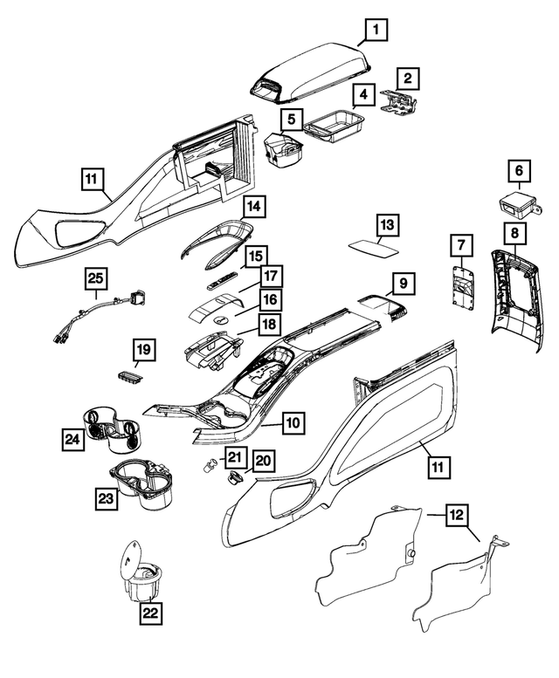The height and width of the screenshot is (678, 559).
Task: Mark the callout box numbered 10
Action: coord(293,422)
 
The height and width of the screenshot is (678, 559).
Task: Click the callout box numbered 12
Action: coord(456,515)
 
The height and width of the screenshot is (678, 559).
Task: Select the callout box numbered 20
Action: coord(262,460)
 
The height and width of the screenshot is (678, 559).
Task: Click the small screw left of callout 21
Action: coord(211,463)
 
